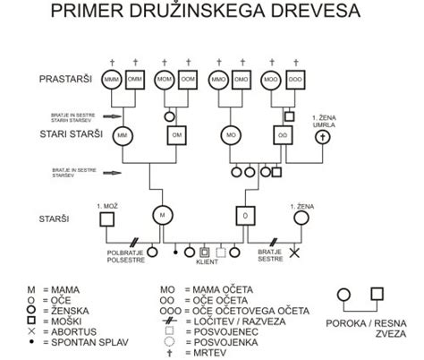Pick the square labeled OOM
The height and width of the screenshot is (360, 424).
[x=189, y=79]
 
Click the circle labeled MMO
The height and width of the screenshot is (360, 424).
[x=218, y=79]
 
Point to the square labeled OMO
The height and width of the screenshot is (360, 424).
[x=242, y=79]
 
